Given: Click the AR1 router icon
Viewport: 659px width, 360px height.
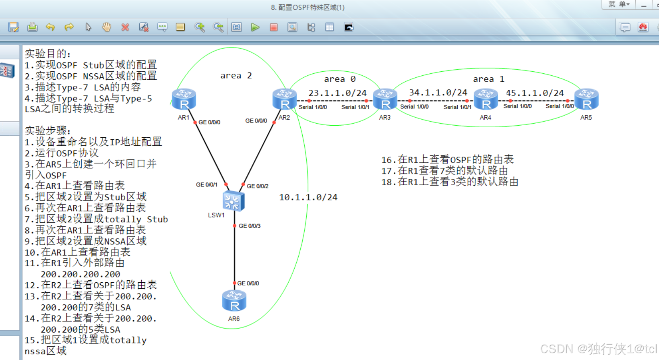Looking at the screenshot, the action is (x=184, y=99).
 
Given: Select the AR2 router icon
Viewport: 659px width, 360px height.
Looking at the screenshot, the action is (x=285, y=99).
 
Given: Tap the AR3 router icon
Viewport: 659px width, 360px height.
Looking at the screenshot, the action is (x=385, y=99).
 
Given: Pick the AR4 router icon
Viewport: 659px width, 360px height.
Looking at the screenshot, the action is (x=486, y=99).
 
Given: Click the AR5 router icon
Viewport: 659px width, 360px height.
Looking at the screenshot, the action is (x=587, y=99).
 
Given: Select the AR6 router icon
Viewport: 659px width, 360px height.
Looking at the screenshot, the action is (x=234, y=301).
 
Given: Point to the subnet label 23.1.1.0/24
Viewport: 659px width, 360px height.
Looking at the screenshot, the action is (x=337, y=93).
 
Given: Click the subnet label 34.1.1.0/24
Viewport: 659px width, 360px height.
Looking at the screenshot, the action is (x=438, y=93).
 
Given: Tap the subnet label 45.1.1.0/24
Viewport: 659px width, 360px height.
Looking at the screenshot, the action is (x=535, y=93).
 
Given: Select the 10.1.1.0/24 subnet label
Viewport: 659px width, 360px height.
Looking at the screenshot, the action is (x=308, y=197).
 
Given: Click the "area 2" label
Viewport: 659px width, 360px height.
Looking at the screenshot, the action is (x=236, y=76).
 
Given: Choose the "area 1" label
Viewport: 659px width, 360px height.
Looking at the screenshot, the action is (x=488, y=79).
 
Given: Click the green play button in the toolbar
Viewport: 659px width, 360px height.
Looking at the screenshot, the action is (x=255, y=27).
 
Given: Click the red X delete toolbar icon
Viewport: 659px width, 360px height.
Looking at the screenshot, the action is (x=125, y=27).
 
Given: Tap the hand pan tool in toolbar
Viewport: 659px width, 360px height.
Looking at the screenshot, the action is (x=107, y=27).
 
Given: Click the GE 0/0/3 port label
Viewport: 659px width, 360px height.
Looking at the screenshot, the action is (x=250, y=226).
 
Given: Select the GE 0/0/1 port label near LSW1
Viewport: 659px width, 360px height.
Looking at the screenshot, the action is (x=207, y=185).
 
